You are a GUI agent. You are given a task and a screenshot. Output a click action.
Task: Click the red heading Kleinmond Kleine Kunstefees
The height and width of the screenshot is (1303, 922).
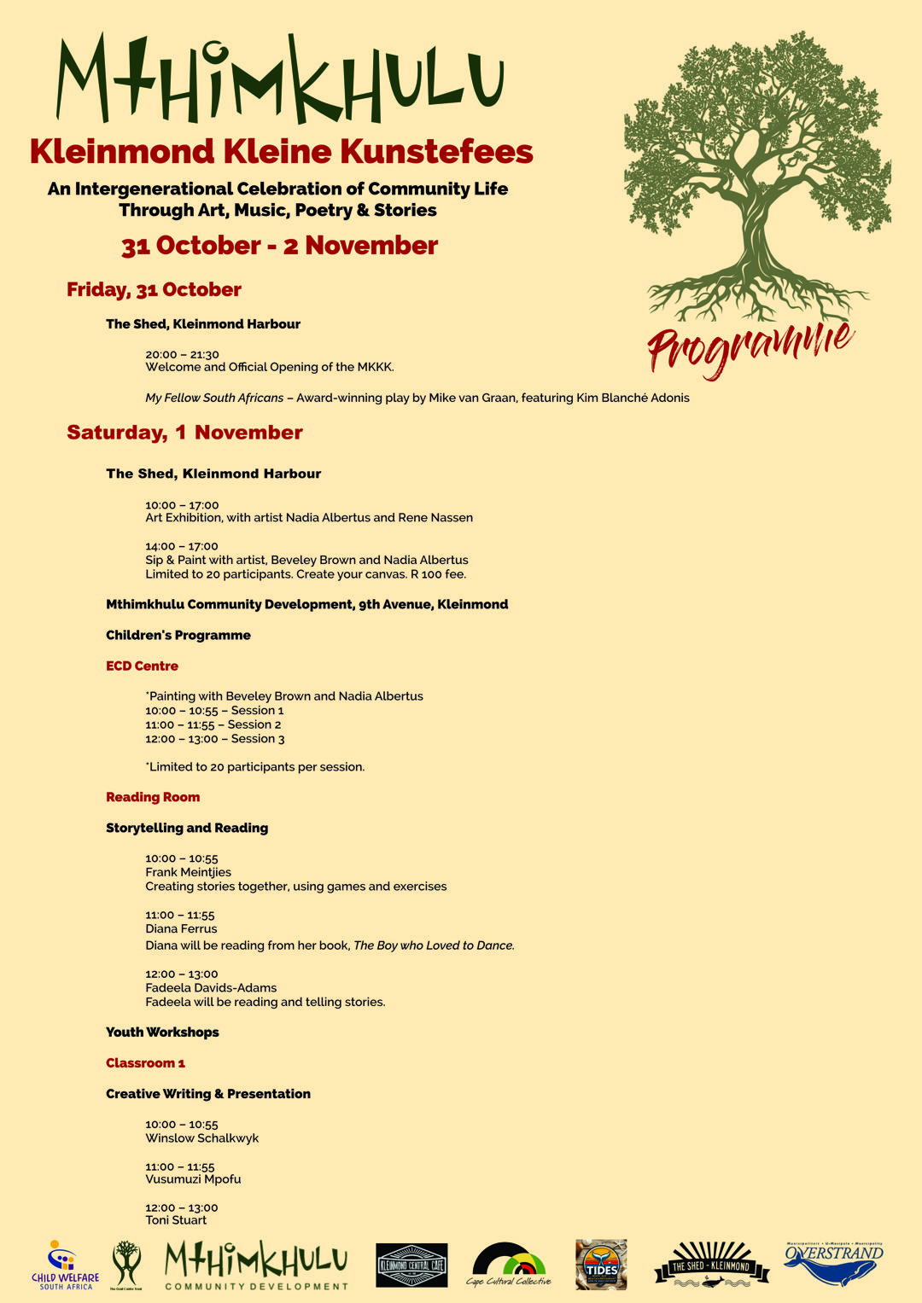[281, 152]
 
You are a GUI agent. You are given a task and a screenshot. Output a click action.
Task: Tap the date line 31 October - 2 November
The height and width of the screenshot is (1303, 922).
[279, 246]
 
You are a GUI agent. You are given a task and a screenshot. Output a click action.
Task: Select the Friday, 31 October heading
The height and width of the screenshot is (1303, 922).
[154, 290]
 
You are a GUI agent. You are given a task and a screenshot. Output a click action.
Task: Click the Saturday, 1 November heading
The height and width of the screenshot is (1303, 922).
[184, 433]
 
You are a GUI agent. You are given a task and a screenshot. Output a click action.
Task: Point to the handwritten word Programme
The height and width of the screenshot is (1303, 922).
[750, 345]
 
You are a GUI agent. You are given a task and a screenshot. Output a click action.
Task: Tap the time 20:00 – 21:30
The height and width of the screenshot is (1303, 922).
[182, 354]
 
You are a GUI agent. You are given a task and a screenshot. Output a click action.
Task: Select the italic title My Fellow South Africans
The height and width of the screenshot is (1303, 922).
[214, 398]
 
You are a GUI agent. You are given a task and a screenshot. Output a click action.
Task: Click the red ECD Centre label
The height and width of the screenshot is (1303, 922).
[142, 666]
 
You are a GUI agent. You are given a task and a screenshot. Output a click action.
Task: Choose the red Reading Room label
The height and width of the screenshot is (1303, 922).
[153, 797]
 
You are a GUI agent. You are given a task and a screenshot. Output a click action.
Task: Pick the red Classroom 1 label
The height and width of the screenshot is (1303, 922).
[145, 1063]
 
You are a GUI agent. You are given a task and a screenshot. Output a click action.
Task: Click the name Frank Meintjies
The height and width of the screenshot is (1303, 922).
[188, 872]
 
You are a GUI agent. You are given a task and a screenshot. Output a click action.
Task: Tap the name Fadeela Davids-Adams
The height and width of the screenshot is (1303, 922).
[211, 988]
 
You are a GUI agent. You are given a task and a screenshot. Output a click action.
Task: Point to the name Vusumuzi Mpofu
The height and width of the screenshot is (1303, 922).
[193, 1179]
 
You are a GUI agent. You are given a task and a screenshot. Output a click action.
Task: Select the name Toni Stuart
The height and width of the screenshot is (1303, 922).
[176, 1220]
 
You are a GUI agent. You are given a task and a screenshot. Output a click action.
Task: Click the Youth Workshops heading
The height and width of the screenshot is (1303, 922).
[162, 1033]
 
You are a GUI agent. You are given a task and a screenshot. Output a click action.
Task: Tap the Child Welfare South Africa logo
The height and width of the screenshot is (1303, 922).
[65, 1265]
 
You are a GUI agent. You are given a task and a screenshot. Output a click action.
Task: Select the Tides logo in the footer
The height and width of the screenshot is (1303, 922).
[601, 1265]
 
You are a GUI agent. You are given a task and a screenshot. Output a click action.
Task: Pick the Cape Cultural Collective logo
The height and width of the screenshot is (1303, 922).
[509, 1265]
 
